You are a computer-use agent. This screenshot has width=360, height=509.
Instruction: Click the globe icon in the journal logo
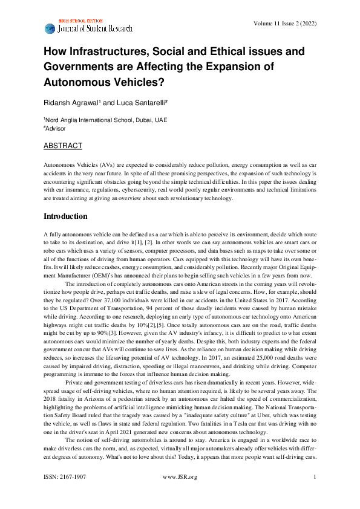coord(50,28)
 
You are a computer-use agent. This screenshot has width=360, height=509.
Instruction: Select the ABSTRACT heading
coord(63,146)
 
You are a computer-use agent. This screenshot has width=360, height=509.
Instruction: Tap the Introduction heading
coord(65,216)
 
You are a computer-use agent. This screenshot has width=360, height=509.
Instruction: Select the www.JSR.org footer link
coord(180,494)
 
